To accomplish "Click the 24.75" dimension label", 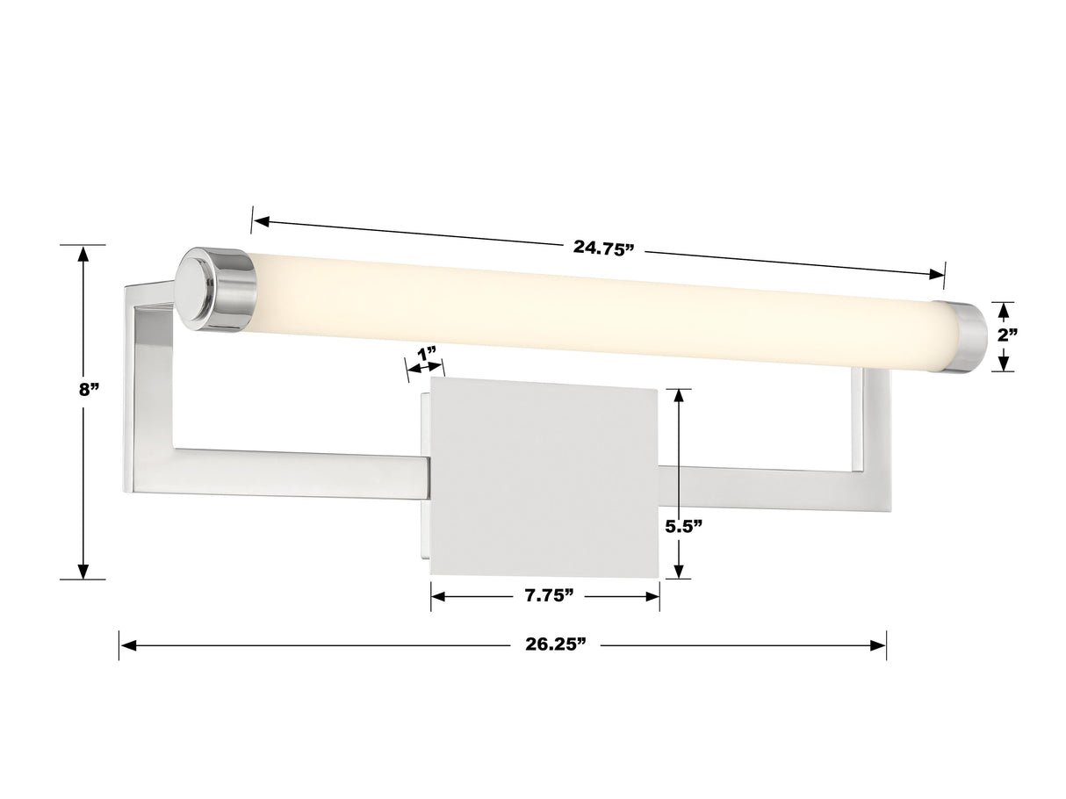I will (x=603, y=248).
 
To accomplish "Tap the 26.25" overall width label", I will (x=555, y=644).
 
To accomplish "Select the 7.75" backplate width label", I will (x=549, y=596).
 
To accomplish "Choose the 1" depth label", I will (x=427, y=354).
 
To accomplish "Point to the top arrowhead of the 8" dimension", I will (x=83, y=255).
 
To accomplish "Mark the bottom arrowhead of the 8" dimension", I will (x=83, y=570).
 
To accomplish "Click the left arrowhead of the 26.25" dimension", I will (x=128, y=645).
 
